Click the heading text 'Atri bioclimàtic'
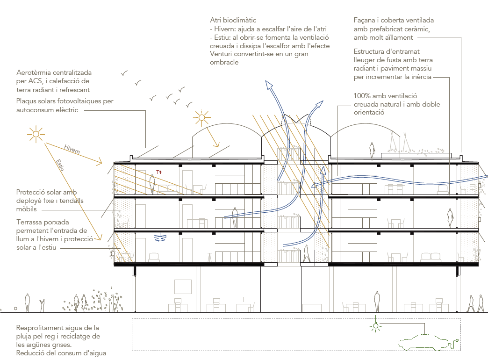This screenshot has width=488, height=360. pyautogui.click(x=233, y=21)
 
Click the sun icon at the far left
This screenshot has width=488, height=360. pyautogui.click(x=36, y=134)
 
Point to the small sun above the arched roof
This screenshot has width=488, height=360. pyautogui.click(x=202, y=118)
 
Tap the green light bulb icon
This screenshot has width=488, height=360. pyautogui.click(x=375, y=326)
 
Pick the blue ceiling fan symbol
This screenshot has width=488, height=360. pyautogui.click(x=160, y=237)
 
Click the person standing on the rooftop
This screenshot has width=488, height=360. pyautogui.click(x=372, y=151)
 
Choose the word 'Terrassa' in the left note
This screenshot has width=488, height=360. pyautogui.click(x=30, y=222)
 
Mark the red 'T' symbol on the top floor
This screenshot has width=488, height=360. pyautogui.click(x=158, y=172)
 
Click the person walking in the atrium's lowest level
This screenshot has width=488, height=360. pyautogui.click(x=307, y=253)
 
